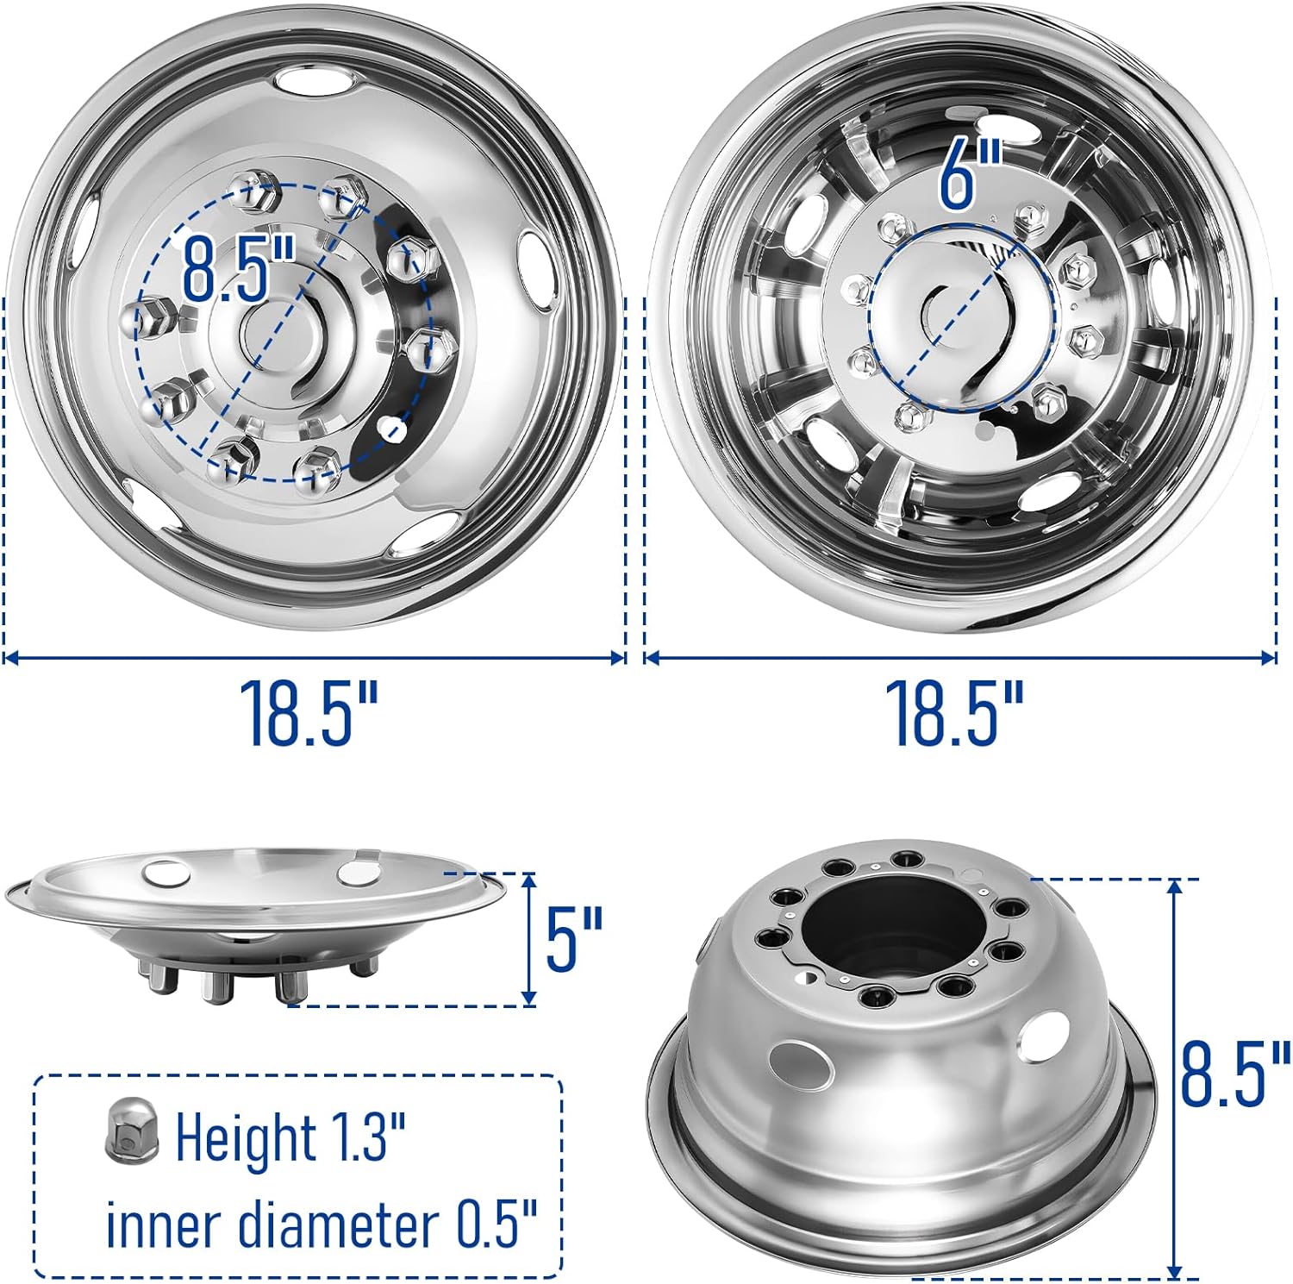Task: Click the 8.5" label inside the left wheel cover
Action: (239, 270)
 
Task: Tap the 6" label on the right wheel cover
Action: (959, 175)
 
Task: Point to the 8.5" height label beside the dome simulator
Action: (1235, 1073)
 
